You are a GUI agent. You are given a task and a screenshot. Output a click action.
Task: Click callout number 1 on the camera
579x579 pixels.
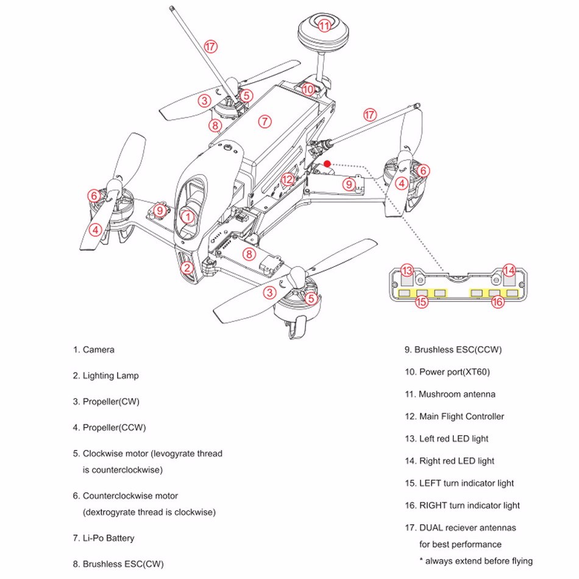coord(188,216)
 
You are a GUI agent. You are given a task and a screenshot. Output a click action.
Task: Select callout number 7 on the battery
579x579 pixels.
coord(264,121)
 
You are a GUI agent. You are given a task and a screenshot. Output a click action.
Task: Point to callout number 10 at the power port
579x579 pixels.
coord(308,90)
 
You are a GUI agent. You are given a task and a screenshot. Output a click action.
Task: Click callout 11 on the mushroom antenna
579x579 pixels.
coord(324,25)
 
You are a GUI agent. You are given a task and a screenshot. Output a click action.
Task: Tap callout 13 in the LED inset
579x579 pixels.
coord(407,270)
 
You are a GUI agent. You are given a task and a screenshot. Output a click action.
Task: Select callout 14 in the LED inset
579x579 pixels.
coord(510,270)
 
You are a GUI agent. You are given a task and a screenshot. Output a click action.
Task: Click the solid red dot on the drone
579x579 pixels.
coord(328,163)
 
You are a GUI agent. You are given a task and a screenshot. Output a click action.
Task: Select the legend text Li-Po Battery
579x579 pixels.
coord(108,538)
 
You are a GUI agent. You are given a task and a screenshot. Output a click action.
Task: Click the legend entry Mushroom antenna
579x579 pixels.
coord(456,394)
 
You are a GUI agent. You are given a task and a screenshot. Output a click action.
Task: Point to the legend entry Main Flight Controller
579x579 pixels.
coord(461,416)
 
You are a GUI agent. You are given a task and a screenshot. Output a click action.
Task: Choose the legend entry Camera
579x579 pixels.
coord(98,350)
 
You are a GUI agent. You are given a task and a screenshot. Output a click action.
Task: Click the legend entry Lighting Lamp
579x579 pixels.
coord(110,375)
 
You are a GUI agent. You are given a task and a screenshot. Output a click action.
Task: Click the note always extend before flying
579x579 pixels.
coord(476,561)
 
